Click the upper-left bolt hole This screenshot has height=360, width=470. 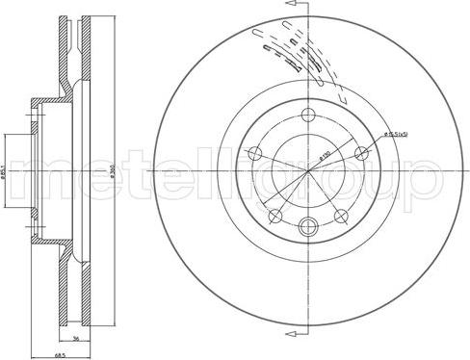coord(256,153)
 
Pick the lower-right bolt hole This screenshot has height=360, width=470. coord(344,216)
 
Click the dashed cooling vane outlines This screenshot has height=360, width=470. coord(289,48)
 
